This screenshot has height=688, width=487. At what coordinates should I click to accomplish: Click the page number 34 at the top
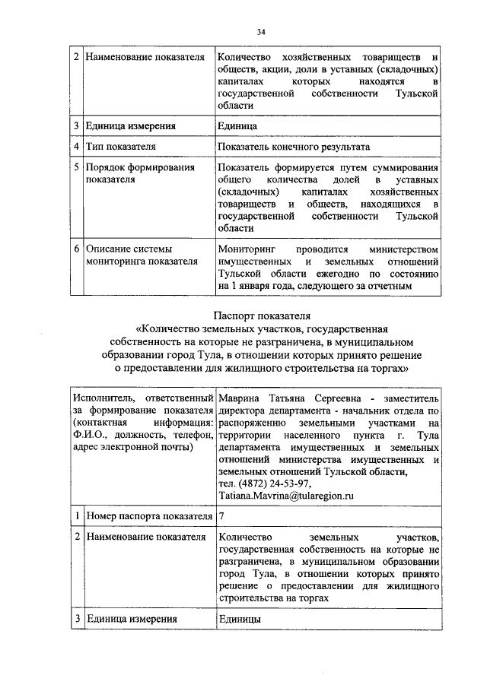(261, 31)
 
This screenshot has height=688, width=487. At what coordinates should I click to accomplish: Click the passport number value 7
(221, 516)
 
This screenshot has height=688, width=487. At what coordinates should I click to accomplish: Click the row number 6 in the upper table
(77, 249)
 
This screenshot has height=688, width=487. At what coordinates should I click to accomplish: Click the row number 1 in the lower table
(77, 516)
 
